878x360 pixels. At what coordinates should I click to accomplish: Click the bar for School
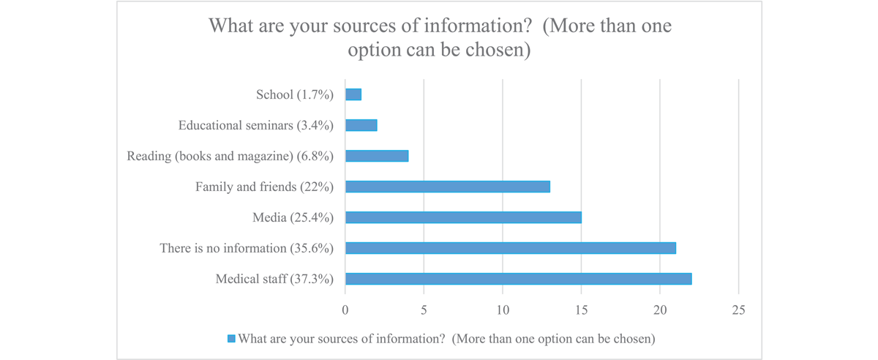click(x=353, y=94)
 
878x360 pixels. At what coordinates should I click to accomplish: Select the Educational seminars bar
click(x=361, y=125)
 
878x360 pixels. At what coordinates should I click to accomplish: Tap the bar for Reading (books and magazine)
click(x=377, y=156)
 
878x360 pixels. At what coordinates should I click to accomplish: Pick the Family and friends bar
click(x=447, y=187)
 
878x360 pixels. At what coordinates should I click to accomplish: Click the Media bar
click(x=463, y=217)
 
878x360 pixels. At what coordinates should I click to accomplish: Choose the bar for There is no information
click(x=510, y=248)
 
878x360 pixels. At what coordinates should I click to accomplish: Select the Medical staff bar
click(x=518, y=279)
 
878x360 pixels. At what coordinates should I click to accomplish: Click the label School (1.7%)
click(x=295, y=94)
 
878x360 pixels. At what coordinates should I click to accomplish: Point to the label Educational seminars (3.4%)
click(x=256, y=125)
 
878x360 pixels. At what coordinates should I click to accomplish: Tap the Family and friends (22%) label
click(x=265, y=187)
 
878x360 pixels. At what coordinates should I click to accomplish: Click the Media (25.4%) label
click(x=293, y=217)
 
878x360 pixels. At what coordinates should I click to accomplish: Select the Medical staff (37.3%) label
click(x=275, y=279)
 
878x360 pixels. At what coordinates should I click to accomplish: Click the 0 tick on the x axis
click(x=345, y=310)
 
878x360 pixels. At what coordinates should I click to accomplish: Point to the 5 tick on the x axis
click(x=424, y=310)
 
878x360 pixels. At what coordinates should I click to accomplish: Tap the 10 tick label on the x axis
click(x=503, y=310)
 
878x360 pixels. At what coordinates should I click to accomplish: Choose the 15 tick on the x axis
click(x=582, y=310)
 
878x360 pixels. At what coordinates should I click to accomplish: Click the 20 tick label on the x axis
click(x=660, y=310)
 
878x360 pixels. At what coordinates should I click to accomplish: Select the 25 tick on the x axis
click(x=739, y=310)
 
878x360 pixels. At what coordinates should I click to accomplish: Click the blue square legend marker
click(x=232, y=339)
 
